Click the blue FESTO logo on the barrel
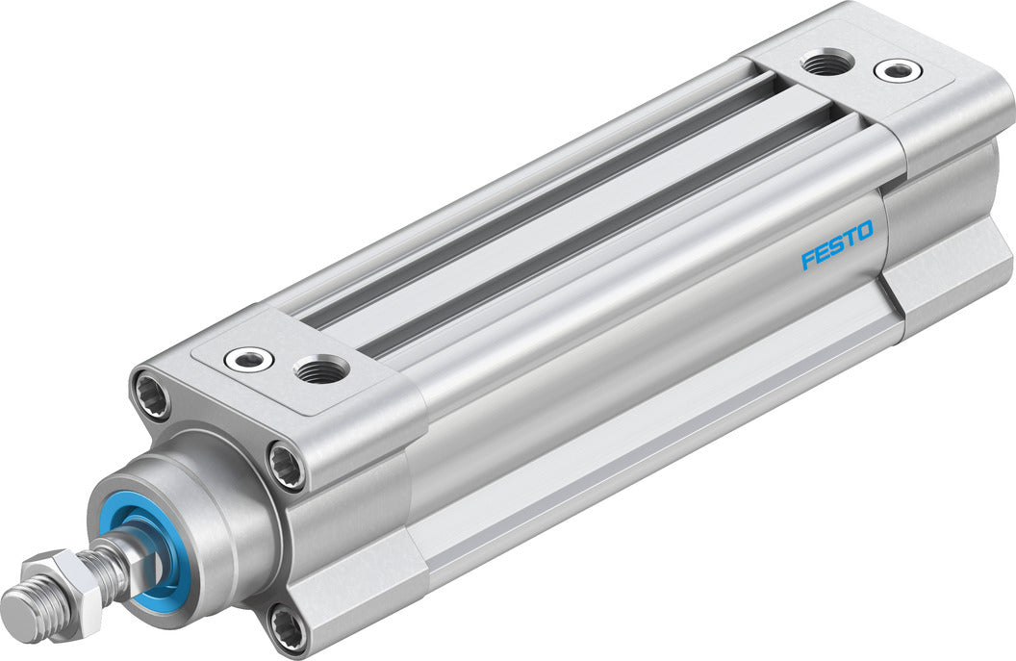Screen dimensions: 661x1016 [x=837, y=245]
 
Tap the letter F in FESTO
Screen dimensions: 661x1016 [x=808, y=260]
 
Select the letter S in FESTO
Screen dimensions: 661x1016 [x=837, y=246]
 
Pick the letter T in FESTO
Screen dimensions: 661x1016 [x=851, y=239]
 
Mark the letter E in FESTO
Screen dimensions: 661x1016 [x=823, y=253]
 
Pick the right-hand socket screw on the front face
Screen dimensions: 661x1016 [x=286, y=464]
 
